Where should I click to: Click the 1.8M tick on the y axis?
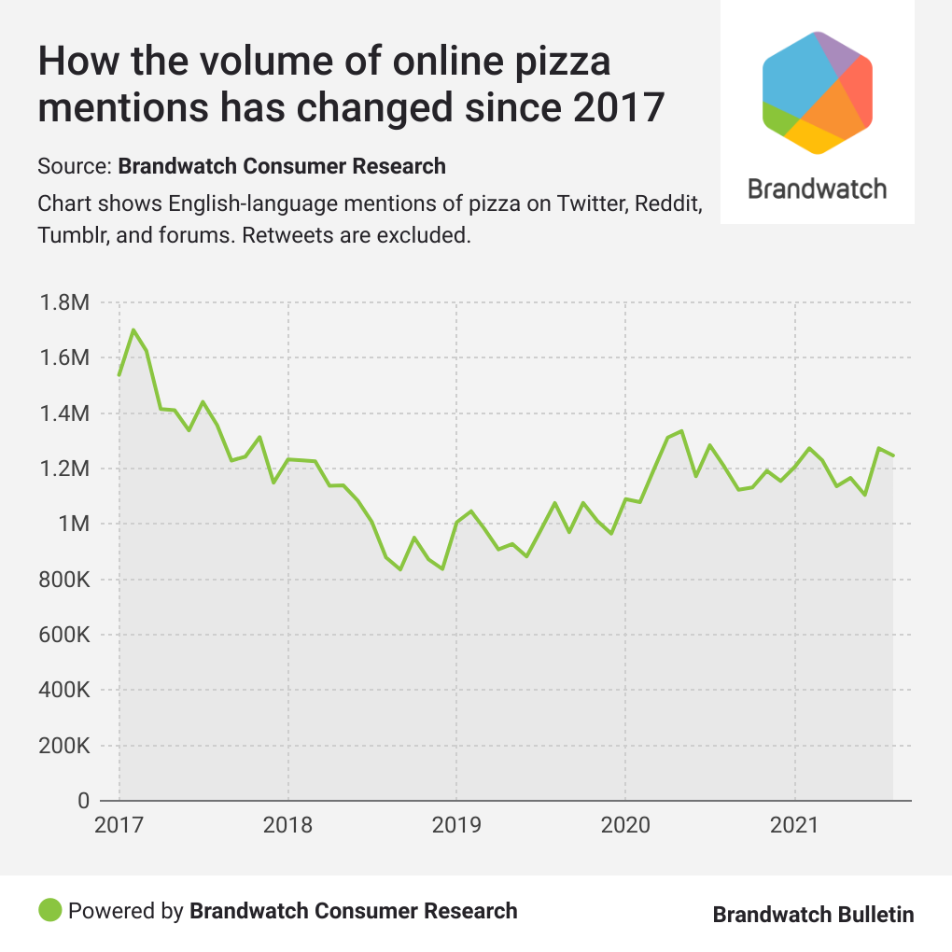pyautogui.click(x=63, y=303)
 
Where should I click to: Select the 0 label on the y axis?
pyautogui.click(x=82, y=802)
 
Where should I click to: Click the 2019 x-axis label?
pyautogui.click(x=456, y=826)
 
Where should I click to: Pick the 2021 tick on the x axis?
pyautogui.click(x=794, y=826)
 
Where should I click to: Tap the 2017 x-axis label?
pyautogui.click(x=119, y=826)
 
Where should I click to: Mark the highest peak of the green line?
pyautogui.click(x=133, y=329)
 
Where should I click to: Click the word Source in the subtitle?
pyautogui.click(x=73, y=167)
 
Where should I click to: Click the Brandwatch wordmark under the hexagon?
pyautogui.click(x=817, y=189)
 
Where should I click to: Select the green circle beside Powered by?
pyautogui.click(x=50, y=909)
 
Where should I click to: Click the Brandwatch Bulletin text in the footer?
pyautogui.click(x=813, y=915)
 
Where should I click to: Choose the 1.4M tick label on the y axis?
pyautogui.click(x=63, y=413)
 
